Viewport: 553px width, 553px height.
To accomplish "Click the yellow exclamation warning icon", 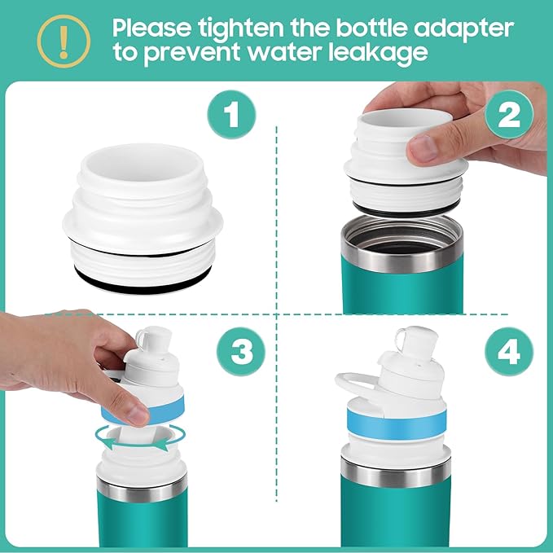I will click(x=54, y=39).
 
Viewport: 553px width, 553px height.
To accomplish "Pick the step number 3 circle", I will click(x=241, y=353).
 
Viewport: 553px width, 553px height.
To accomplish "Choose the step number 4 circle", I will click(x=509, y=353).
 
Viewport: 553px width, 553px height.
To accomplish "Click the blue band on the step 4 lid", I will click(x=396, y=420).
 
